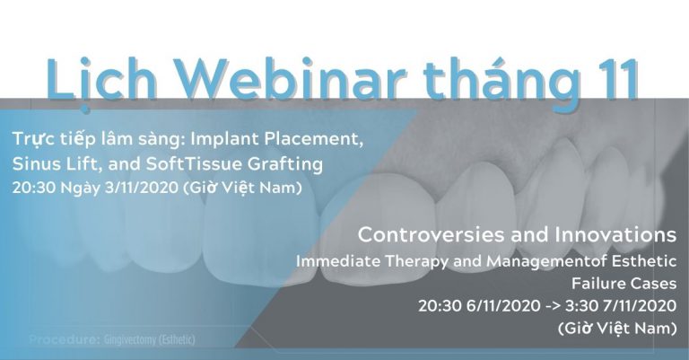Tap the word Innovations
pos(615,234)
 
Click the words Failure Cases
pos(624,284)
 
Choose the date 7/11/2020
pos(640,305)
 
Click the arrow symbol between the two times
pos(553,306)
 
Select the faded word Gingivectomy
pos(129,340)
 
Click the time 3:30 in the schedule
pos(581,305)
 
